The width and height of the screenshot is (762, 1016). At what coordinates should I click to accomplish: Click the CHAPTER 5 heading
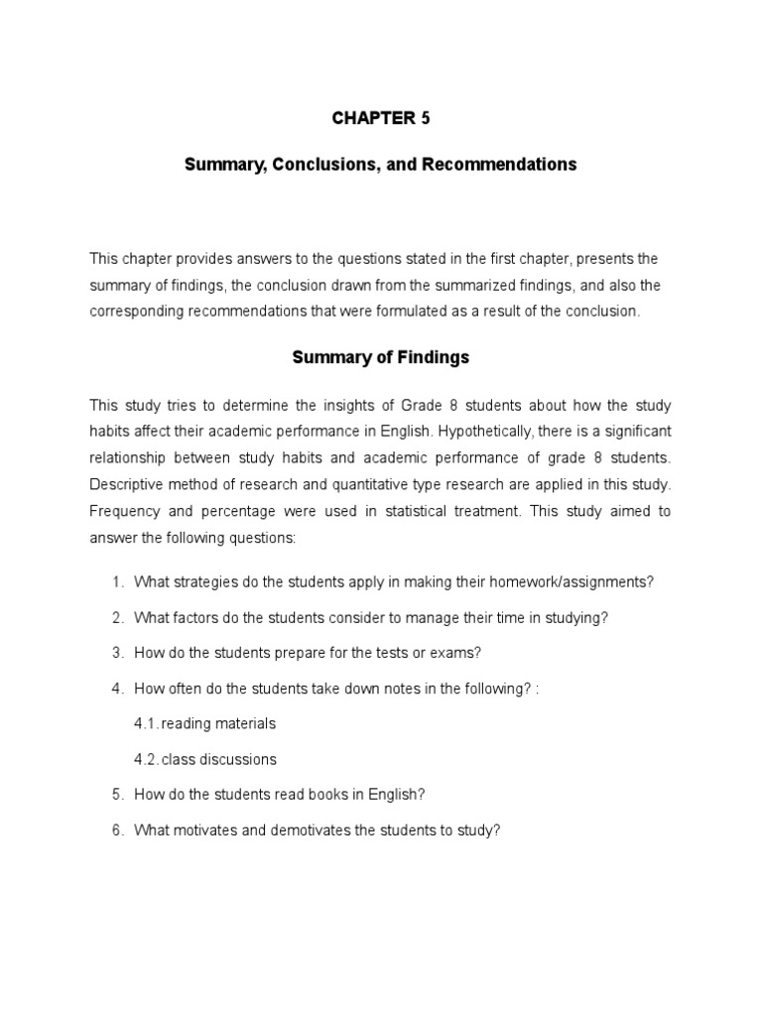(381, 118)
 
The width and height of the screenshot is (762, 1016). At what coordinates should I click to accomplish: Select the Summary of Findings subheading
(380, 358)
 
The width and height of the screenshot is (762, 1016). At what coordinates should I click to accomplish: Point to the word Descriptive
(125, 485)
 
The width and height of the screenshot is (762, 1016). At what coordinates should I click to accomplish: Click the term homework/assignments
(571, 582)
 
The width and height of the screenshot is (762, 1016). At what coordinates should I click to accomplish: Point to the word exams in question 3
(457, 653)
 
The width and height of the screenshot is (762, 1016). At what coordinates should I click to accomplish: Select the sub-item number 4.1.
(146, 723)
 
